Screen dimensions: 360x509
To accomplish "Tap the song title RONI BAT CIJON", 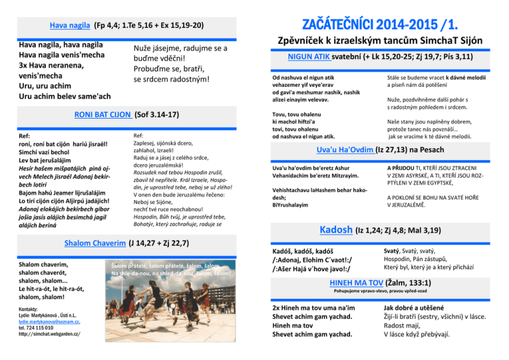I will (x=103, y=114).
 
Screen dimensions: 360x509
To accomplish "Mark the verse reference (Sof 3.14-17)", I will (x=156, y=114).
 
